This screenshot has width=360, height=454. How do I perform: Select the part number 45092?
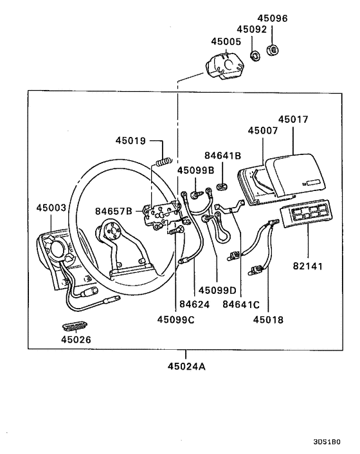[x=250, y=30]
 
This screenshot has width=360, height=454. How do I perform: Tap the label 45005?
[x=226, y=41]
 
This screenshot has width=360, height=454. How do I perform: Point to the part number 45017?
[x=294, y=119]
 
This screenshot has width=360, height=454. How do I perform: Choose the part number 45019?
[x=131, y=140]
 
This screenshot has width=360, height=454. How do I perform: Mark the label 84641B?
[x=222, y=155]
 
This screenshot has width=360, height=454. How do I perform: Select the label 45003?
[x=51, y=208]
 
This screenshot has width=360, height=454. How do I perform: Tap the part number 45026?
[x=77, y=340]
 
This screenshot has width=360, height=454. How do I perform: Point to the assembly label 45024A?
[x=186, y=368]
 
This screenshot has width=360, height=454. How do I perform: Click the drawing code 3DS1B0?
[x=327, y=442]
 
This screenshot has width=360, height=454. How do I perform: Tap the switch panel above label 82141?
[x=306, y=216]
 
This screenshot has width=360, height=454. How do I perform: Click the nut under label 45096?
[x=272, y=49]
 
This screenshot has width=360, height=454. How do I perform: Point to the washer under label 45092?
[x=254, y=55]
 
